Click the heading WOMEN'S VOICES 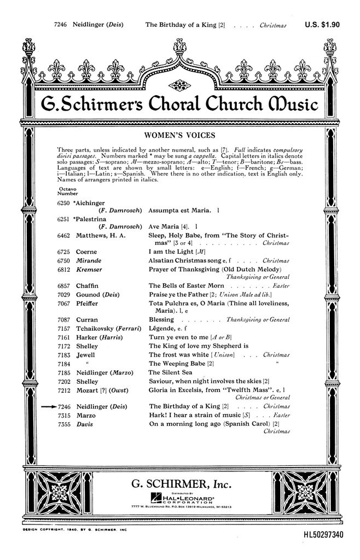[x=179, y=135]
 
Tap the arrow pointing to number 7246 [x=47, y=406]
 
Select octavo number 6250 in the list [x=63, y=202]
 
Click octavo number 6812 [x=63, y=270]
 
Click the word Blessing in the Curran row [x=161, y=319]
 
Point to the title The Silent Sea [x=170, y=372]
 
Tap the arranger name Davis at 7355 [x=84, y=424]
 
